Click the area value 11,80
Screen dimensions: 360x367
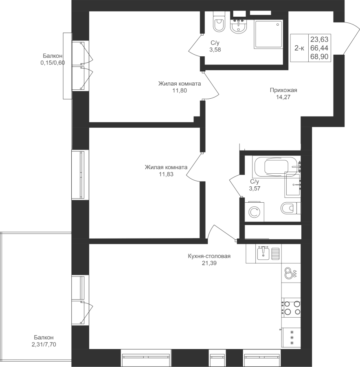click(180, 91)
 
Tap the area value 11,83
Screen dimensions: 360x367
click(166, 174)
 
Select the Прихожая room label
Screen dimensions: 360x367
click(283, 90)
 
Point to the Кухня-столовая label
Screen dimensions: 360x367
click(209, 256)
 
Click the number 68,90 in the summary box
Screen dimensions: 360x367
click(319, 56)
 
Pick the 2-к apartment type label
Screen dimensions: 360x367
click(299, 48)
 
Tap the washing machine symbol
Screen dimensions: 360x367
click(255, 212)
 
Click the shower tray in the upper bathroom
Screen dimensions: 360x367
click(268, 34)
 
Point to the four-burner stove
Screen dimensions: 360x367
click(291, 307)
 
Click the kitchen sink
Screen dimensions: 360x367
click(264, 253)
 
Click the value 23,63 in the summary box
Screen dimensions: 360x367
click(319, 39)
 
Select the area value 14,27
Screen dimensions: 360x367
click(283, 97)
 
